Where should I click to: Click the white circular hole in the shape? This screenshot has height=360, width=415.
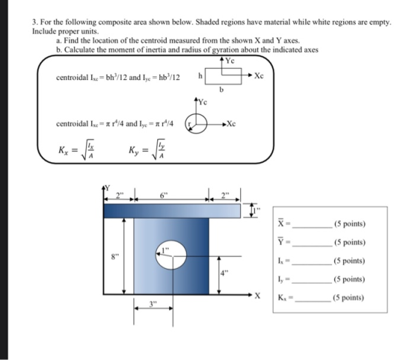(x=171, y=255)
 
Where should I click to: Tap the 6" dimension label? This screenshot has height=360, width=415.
(x=164, y=196)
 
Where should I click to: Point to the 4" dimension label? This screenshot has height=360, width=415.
(x=224, y=273)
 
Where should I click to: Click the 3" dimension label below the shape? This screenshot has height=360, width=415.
(x=153, y=304)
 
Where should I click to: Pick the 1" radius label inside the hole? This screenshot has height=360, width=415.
(x=165, y=250)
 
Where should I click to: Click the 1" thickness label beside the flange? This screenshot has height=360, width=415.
(x=256, y=211)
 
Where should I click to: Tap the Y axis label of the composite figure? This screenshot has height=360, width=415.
(x=107, y=188)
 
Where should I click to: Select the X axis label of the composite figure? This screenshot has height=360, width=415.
(x=257, y=296)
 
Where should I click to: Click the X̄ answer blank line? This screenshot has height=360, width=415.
(x=313, y=227)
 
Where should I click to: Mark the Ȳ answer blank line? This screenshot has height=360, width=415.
(x=313, y=246)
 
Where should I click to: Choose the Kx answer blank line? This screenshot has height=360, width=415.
(x=313, y=301)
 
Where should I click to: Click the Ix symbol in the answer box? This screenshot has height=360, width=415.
(x=281, y=261)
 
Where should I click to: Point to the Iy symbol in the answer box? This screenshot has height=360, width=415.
(x=281, y=279)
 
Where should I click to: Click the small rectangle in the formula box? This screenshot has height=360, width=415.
(x=223, y=76)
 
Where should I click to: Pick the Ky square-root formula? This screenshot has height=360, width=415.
(x=147, y=150)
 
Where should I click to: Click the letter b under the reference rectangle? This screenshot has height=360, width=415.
(x=222, y=90)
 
